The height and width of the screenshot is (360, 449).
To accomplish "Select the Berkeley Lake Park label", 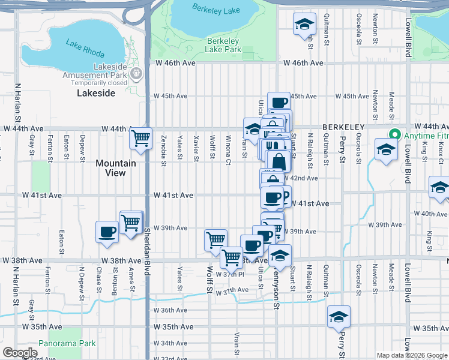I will tap(223, 45).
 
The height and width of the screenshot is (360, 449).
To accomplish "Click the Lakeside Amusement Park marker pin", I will tap(136, 73).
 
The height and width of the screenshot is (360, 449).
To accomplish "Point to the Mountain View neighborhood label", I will tap(116, 168).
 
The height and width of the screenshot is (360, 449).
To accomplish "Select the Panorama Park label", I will tap(67, 344).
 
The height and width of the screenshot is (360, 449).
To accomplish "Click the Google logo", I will tap(20, 353).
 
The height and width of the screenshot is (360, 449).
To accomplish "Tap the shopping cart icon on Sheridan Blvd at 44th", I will tap(141, 139).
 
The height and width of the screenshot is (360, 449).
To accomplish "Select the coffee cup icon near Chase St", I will tap(107, 232).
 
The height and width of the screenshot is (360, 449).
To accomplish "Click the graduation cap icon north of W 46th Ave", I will tap(304, 25).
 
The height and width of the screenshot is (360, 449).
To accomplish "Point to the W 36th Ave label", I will tap(170, 310).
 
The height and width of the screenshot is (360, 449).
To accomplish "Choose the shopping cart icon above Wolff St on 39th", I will tap(215, 239).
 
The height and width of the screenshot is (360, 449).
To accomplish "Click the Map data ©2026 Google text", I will tap(411, 355).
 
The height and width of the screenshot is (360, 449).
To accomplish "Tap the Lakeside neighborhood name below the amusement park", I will tap(96, 94).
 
